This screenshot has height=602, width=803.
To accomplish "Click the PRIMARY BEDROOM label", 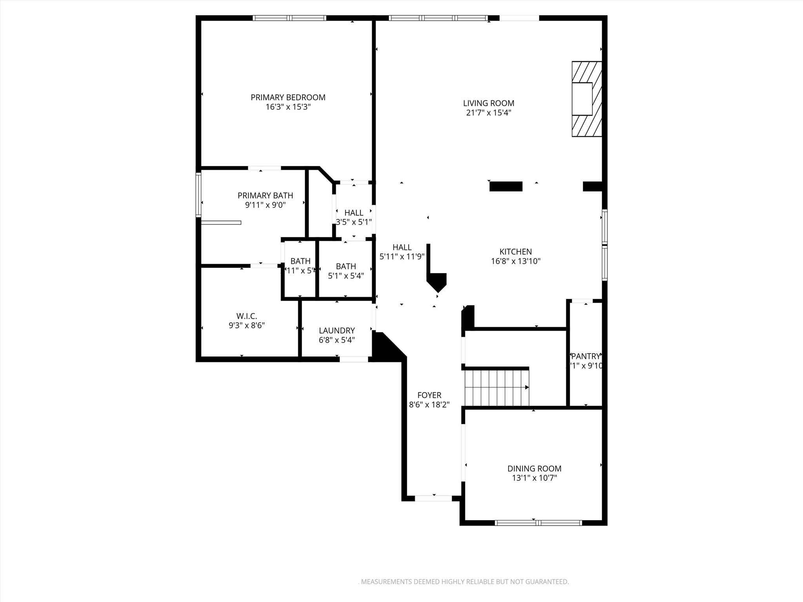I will (x=288, y=97).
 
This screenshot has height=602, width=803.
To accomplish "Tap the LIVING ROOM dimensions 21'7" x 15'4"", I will (x=489, y=113).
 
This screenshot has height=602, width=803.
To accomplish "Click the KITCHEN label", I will (x=515, y=252).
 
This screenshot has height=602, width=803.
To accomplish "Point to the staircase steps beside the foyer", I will (x=496, y=387).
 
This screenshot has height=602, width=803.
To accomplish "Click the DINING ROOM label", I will (x=534, y=468).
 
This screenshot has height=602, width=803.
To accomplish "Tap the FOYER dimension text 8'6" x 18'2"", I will (x=429, y=404).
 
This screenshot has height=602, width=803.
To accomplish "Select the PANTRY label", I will (x=586, y=356).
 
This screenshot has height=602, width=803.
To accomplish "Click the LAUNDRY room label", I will (x=336, y=330).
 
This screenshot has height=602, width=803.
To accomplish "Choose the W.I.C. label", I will (x=247, y=316).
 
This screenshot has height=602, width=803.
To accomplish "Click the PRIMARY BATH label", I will (x=265, y=195).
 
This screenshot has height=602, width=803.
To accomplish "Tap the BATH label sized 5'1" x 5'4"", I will (x=346, y=266).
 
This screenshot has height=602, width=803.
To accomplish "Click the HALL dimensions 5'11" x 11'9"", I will (x=402, y=257).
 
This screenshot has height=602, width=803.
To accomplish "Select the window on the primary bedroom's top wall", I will (x=289, y=18).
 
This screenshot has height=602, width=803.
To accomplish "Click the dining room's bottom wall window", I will (x=538, y=522).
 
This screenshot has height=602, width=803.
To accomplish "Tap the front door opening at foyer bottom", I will (x=433, y=498).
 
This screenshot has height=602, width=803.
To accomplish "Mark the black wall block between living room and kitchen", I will (x=506, y=186).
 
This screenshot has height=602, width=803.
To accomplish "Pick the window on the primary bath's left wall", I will (x=198, y=195).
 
